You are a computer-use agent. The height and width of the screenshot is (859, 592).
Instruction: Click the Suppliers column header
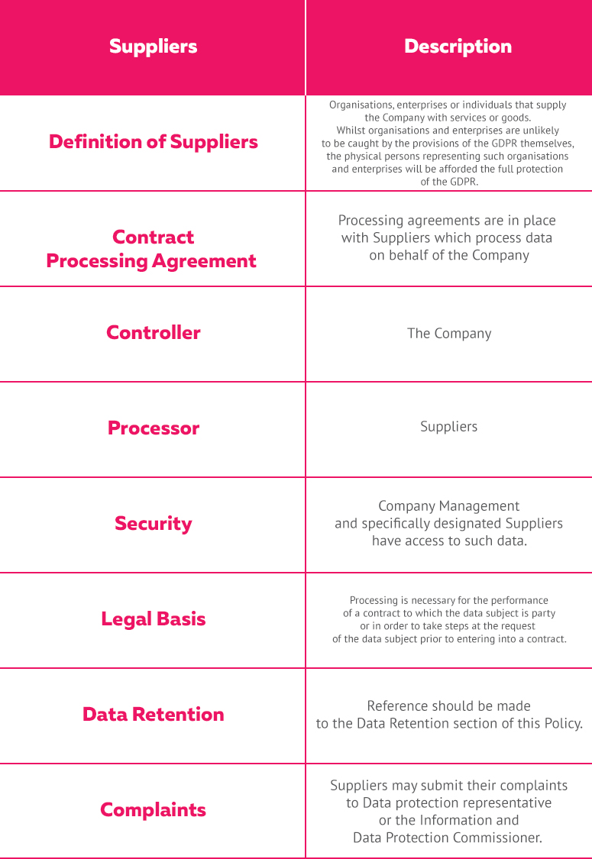(153, 47)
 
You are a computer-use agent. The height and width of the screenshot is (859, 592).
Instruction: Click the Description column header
(458, 47)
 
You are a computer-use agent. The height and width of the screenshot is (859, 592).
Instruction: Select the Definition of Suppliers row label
(153, 142)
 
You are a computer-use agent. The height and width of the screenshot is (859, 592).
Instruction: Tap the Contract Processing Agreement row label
(151, 249)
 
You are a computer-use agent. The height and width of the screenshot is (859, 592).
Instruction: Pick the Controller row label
(153, 333)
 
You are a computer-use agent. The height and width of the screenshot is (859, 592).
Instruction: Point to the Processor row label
(153, 428)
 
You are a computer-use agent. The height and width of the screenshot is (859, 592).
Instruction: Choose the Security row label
(153, 524)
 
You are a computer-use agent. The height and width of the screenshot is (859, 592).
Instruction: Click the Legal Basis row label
(153, 619)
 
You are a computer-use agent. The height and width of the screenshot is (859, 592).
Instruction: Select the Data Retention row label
(153, 715)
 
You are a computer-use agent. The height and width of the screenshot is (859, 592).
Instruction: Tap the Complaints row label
(153, 810)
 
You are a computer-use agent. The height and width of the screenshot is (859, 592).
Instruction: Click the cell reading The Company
(449, 334)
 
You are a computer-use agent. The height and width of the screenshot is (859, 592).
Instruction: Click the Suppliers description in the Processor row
(448, 427)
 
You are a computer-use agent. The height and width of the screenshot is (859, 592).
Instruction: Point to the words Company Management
(448, 506)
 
